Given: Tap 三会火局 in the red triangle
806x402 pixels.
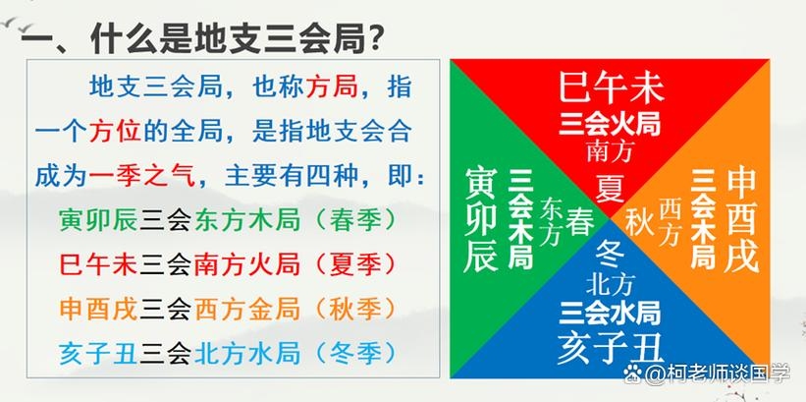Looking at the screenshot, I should coord(611,125).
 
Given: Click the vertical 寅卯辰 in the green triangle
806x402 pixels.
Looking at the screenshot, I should coord(483,218).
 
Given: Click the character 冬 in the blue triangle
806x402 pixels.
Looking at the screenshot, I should coord(611,253).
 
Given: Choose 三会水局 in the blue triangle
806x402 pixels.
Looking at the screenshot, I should coord(611,314).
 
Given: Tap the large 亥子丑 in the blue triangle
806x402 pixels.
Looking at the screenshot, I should coord(611,347).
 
